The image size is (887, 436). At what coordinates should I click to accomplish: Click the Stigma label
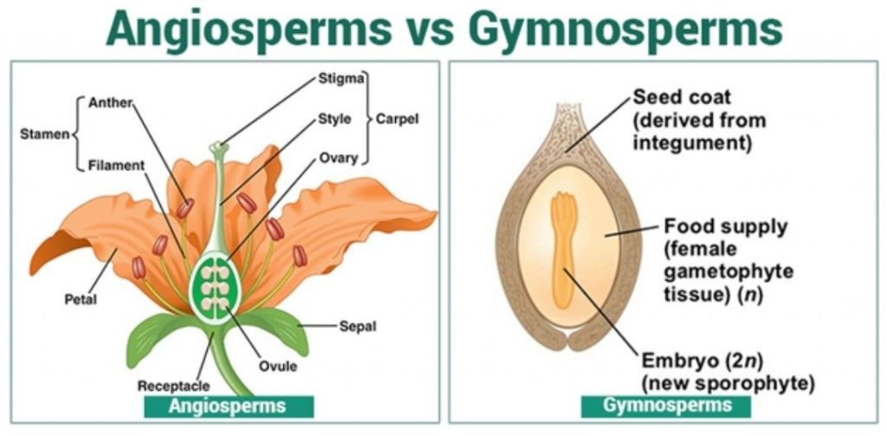tap(340, 82)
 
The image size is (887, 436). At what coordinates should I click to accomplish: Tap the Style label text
tap(334, 119)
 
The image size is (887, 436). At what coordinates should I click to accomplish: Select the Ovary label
tap(336, 158)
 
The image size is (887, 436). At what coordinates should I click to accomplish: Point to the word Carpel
tap(397, 119)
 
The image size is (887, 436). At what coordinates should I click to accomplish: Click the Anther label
tap(109, 102)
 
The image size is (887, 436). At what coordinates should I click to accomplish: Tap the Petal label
tap(81, 301)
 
